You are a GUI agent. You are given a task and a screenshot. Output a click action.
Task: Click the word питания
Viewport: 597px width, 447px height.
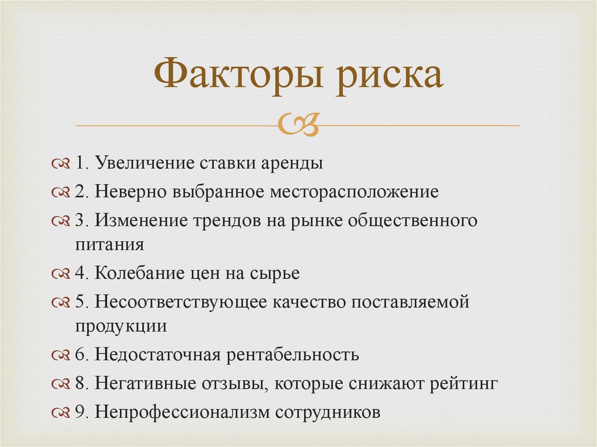point(109,244)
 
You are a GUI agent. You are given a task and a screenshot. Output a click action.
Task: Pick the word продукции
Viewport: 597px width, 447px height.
point(121,325)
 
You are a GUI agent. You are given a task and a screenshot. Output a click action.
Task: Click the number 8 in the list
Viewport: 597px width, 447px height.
point(80,383)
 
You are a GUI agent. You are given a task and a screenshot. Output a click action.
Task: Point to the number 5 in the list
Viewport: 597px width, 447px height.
point(80,302)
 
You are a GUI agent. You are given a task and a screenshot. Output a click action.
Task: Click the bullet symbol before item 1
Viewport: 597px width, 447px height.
point(61,164)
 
